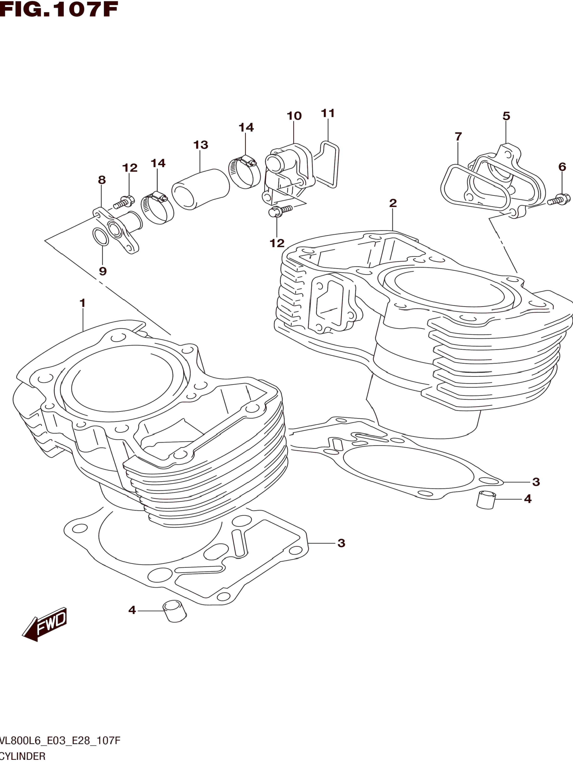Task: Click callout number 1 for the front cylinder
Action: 82,303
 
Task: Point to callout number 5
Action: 506,116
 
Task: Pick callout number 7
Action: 458,137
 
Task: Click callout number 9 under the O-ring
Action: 103,271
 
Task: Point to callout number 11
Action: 328,113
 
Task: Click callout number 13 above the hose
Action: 201,145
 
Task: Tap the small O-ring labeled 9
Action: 101,237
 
